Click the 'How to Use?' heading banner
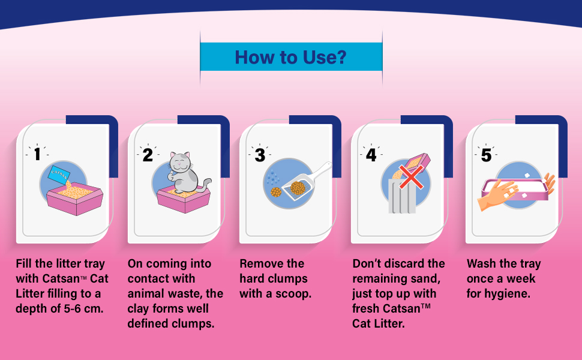pyautogui.click(x=290, y=58)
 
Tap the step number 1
pyautogui.click(x=37, y=154)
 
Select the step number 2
pyautogui.click(x=148, y=154)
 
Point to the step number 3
pyautogui.click(x=260, y=155)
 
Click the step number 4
pyautogui.click(x=371, y=155)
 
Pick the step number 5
pyautogui.click(x=486, y=155)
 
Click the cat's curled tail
pyautogui.click(x=205, y=184)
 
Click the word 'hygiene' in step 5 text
pyautogui.click(x=509, y=294)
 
